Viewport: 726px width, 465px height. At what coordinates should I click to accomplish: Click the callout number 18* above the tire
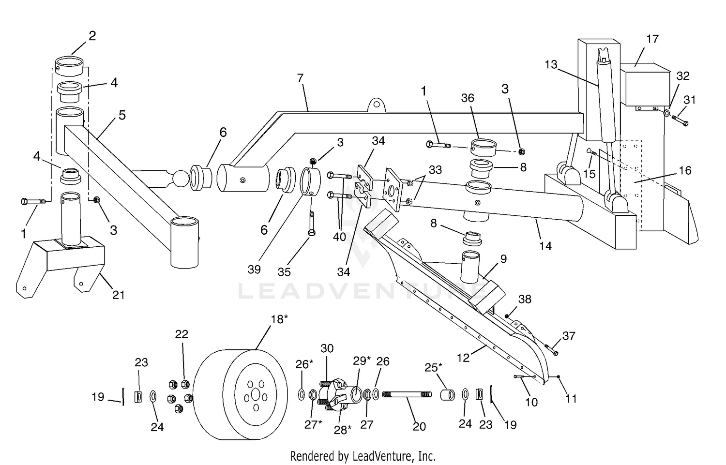point(279,319)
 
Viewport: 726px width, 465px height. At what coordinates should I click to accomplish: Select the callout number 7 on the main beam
point(300,78)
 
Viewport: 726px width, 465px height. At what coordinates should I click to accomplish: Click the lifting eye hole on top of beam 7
point(376,105)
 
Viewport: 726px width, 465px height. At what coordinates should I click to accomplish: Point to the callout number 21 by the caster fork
point(118,295)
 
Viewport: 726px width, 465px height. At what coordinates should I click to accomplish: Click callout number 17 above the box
point(652,39)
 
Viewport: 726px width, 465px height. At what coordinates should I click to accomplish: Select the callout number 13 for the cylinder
point(551,64)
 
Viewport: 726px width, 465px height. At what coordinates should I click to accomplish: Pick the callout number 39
point(254,270)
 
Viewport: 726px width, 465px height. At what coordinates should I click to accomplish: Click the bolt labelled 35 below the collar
point(312,223)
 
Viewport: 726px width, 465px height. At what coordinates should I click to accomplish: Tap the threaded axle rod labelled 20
point(407,394)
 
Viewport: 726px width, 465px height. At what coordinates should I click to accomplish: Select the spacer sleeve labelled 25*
point(447,395)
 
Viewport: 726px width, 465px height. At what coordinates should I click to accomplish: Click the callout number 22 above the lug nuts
point(181,334)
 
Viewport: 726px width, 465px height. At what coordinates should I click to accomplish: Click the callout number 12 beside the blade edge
point(463,358)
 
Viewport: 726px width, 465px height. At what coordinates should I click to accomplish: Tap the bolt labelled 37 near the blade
point(551,350)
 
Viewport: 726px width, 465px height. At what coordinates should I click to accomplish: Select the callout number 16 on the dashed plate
point(685,170)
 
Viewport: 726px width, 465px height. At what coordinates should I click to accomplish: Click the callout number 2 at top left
point(92,36)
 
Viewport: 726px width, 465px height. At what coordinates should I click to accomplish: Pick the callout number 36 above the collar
point(468,98)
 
